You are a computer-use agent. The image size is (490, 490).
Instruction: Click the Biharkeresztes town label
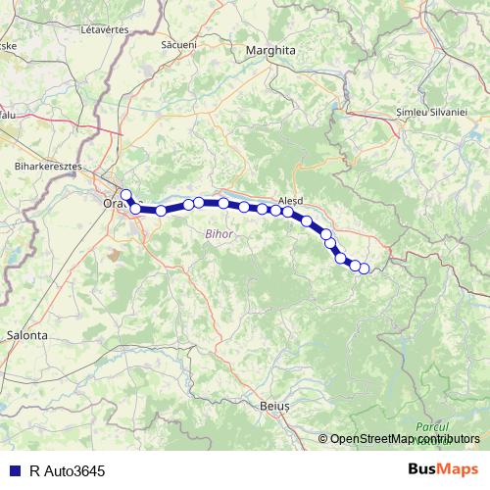pos(47,168)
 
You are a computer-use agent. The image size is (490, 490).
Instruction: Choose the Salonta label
pos(27,334)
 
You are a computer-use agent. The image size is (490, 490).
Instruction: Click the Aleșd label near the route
pos(292,194)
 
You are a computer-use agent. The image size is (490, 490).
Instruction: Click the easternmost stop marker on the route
pos(365,269)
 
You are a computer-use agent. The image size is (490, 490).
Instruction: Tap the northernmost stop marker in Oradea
pos(125,194)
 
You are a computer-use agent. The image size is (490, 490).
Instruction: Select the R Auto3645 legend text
pos(67,470)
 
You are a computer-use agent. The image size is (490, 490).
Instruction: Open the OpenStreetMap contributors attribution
pos(405,439)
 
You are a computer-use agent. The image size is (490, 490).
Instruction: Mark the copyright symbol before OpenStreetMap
pos(322,439)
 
